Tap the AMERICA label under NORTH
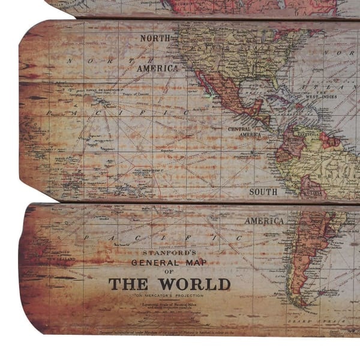157,68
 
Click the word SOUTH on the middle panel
264,192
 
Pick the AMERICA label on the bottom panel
264,221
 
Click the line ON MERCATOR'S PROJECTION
169,296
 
